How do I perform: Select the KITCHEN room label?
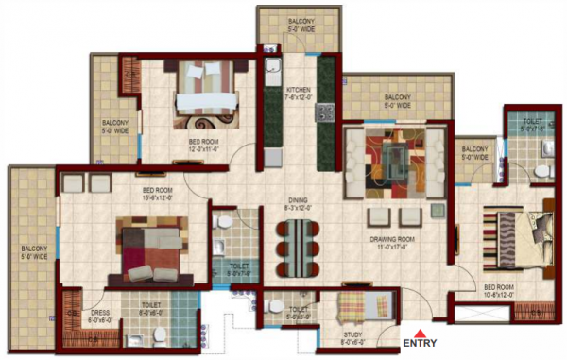point(298,89)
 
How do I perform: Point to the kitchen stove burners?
point(325,112)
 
